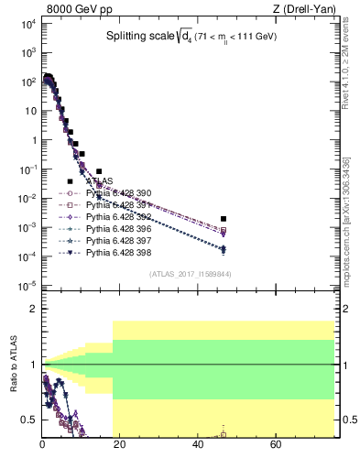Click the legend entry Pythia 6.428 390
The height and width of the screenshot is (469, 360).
(x=115, y=193)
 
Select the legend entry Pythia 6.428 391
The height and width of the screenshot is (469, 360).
(x=115, y=205)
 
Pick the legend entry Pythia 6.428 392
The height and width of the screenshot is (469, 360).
(x=115, y=217)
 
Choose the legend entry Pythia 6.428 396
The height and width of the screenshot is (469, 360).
(x=115, y=229)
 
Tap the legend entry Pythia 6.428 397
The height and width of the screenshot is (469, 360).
(x=115, y=241)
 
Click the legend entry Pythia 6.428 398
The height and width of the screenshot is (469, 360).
(x=115, y=253)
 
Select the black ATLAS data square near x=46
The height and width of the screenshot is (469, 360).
(x=224, y=219)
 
